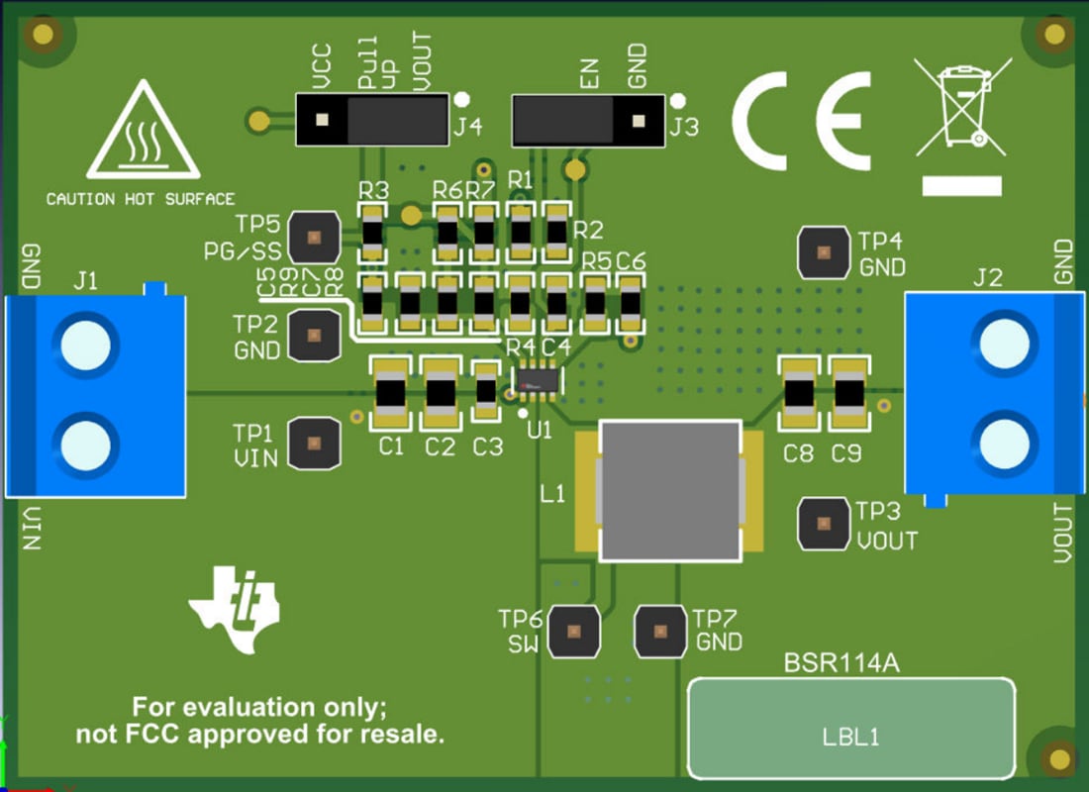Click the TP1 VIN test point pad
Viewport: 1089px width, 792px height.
tap(313, 443)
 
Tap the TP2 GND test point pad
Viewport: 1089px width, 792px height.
tap(313, 335)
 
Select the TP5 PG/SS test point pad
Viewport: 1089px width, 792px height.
tap(313, 238)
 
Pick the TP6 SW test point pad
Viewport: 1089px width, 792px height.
tap(574, 630)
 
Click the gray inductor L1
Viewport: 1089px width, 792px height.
tap(670, 490)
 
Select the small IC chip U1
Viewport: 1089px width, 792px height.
tap(538, 379)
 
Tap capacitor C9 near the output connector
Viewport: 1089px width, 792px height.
tap(848, 394)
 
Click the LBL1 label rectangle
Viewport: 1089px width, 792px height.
tap(851, 729)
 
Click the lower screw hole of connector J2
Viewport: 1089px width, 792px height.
tap(1007, 443)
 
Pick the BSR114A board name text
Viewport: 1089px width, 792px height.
tap(841, 663)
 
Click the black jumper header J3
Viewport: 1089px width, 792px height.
tap(586, 120)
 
